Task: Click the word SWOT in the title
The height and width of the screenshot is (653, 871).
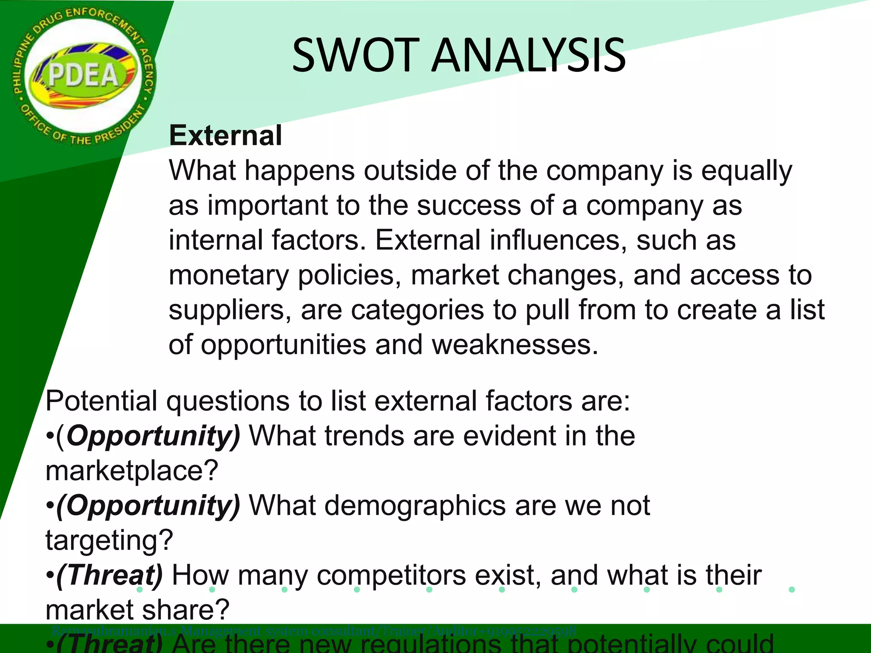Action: click(x=353, y=55)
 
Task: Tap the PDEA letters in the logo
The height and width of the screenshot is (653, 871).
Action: click(x=83, y=76)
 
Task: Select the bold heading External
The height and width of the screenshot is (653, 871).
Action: click(x=225, y=136)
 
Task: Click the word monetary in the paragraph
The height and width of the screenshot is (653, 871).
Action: click(x=229, y=275)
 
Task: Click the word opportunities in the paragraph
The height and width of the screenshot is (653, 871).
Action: click(x=283, y=345)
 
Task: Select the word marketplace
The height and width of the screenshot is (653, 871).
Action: click(x=132, y=471)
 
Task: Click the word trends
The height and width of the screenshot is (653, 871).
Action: click(x=364, y=436)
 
